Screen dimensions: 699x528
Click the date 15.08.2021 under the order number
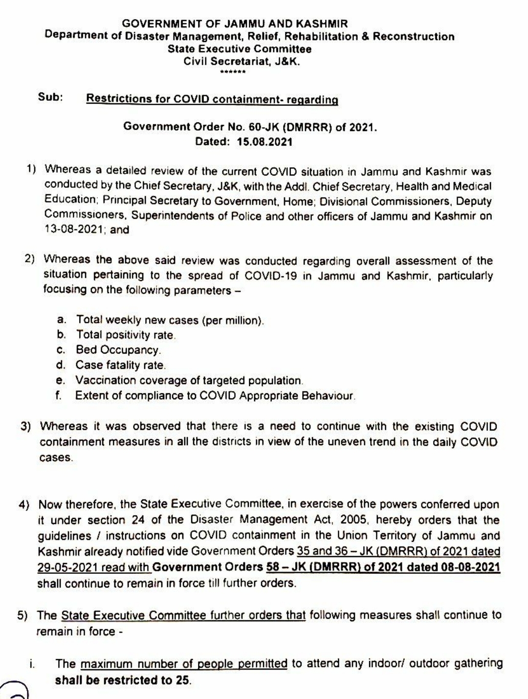click(264, 142)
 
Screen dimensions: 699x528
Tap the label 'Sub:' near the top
click(50, 97)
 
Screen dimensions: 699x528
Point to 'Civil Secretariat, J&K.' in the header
click(242, 62)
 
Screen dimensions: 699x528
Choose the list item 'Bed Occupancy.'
click(118, 350)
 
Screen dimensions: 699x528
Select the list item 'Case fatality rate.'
click(120, 365)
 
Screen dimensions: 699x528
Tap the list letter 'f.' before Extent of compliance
click(59, 395)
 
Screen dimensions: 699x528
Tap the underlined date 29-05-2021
click(69, 567)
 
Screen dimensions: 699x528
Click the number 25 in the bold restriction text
click(182, 680)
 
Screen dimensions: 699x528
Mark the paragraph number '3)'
click(26, 427)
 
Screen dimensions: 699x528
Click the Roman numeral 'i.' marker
click(31, 664)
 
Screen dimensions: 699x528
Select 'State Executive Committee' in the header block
click(240, 49)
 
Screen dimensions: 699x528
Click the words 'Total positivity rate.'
click(126, 336)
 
